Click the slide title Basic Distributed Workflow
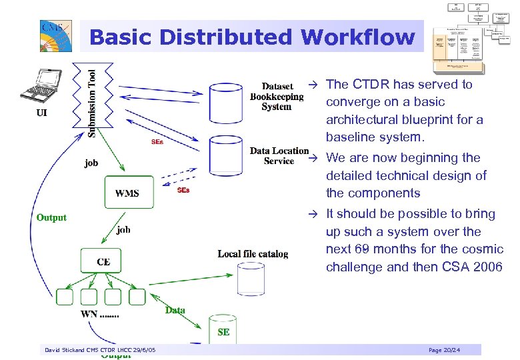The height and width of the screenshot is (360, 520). tap(251, 37)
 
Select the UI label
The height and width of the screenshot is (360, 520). tap(41, 113)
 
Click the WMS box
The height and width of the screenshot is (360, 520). tap(127, 193)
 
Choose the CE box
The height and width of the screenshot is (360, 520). tap(103, 261)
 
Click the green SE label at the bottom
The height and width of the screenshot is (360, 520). tap(223, 332)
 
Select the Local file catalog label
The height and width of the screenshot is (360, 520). tap(253, 253)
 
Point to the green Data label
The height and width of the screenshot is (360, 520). tap(175, 310)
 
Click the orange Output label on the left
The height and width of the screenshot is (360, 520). tap(51, 217)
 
